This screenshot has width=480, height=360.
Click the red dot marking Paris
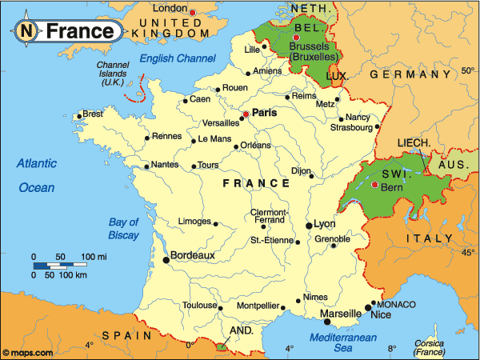click(246, 114)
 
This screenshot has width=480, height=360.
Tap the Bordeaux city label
click(194, 255)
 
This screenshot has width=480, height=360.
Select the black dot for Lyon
click(309, 226)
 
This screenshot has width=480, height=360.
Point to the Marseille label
click(341, 314)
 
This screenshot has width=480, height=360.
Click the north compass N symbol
click(26, 32)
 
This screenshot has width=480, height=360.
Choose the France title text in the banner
click(79, 32)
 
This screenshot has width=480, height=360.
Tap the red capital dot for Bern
click(374, 186)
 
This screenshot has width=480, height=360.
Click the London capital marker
click(193, 11)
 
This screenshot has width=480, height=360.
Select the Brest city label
click(93, 114)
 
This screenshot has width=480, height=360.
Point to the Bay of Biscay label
click(124, 229)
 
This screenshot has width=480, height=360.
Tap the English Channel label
click(178, 58)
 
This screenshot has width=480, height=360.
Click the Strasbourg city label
click(351, 127)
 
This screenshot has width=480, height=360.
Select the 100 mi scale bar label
click(94, 257)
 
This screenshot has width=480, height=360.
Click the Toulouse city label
click(200, 306)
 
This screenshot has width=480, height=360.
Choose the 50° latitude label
click(467, 71)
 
